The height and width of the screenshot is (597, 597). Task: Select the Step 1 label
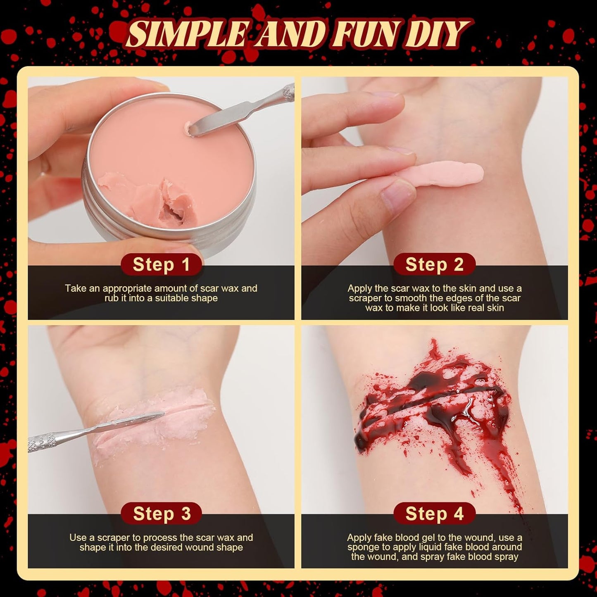point(161,264)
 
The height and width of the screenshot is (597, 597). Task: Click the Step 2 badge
point(434,264)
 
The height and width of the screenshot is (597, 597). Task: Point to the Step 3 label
point(162,514)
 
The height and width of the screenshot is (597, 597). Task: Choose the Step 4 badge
point(434,514)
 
